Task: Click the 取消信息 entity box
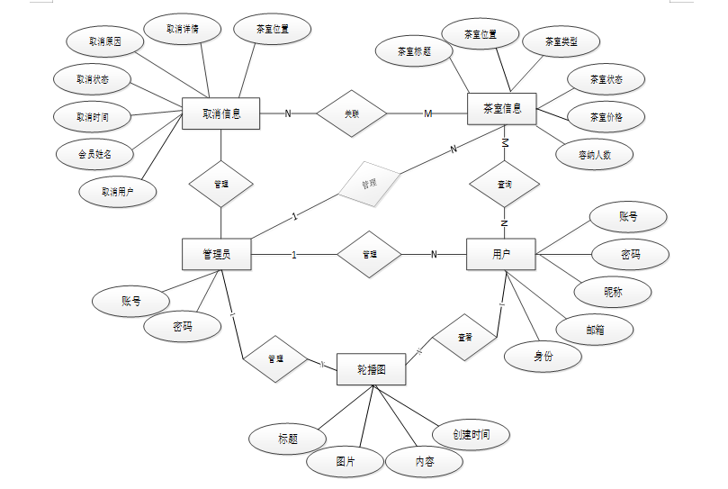click(220, 113)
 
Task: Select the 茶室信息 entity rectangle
click(502, 109)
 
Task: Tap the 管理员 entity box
click(216, 254)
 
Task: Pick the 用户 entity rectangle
click(501, 254)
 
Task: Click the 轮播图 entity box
click(371, 369)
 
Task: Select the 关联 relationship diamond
click(351, 113)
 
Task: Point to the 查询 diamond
click(504, 184)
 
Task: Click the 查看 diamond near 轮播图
click(464, 338)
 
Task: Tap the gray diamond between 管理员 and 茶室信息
click(368, 183)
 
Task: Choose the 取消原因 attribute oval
click(104, 41)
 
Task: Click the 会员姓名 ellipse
click(94, 153)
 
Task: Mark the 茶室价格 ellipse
click(606, 117)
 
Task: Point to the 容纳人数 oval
click(595, 154)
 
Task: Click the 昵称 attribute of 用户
click(613, 292)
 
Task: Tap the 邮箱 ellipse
click(595, 330)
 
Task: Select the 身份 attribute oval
click(544, 356)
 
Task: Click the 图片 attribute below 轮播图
click(345, 461)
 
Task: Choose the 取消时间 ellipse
click(93, 116)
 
